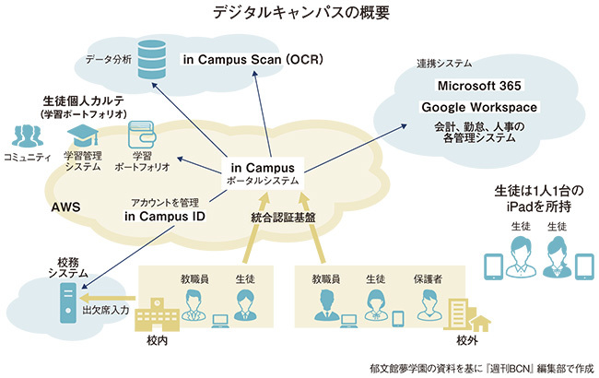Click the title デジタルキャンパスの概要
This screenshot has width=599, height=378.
(299, 13)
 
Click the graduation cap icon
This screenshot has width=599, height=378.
(82, 135)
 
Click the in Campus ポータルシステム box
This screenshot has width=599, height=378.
(263, 174)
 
